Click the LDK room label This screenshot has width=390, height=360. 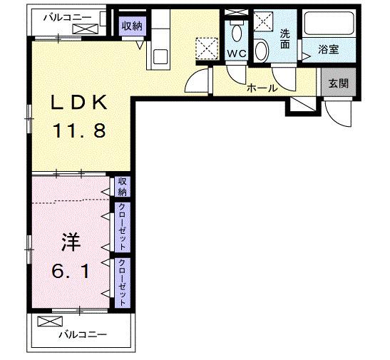click(78, 103)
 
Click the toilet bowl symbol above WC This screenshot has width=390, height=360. click(236, 32)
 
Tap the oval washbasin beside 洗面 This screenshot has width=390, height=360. click(262, 50)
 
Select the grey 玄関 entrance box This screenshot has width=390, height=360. click(334, 83)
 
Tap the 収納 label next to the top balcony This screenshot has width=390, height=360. click(132, 26)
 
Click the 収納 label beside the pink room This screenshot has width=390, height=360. click(123, 187)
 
